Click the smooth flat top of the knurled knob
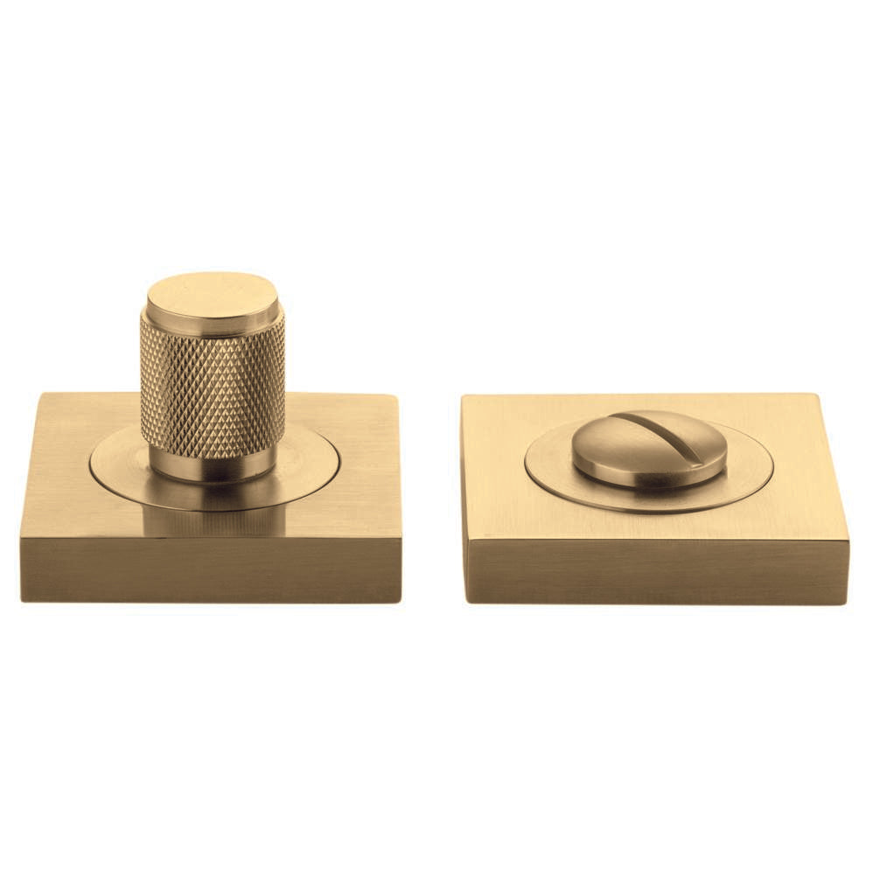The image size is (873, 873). pos(213,294)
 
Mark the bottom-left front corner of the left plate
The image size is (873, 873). pos(22,600)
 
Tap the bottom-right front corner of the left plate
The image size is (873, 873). pos(401,602)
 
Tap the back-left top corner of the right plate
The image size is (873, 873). pos(463,395)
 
